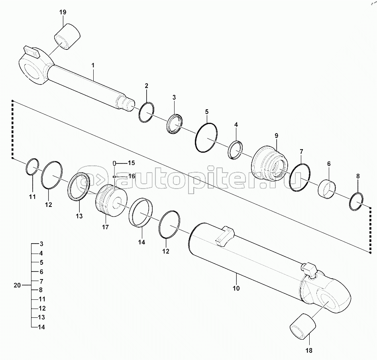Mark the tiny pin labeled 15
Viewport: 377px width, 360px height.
(114, 163)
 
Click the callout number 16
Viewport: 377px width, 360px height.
(132, 176)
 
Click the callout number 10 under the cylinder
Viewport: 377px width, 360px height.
(236, 288)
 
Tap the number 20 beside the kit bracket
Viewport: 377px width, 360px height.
(17, 285)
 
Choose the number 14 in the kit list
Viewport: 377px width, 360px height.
(41, 327)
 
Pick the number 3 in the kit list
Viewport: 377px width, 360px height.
(41, 244)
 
